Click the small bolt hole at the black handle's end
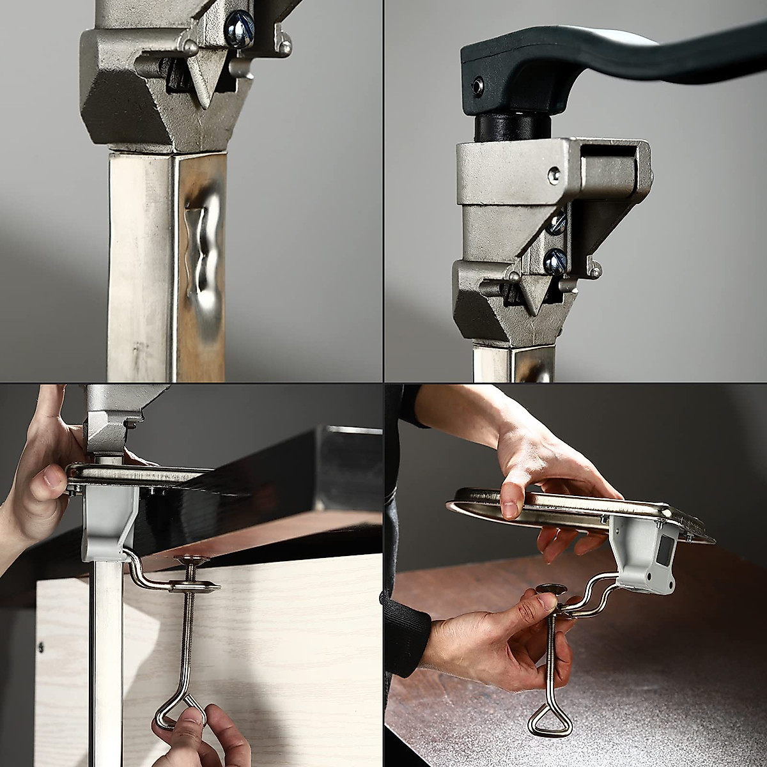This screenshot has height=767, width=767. coord(477,86)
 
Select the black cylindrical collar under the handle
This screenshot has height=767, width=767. coord(513,127)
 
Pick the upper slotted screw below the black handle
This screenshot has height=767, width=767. coord(557,223)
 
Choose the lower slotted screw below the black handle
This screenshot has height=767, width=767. coord(555,261)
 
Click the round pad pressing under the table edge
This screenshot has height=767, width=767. coord(191,561)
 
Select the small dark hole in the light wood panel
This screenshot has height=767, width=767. coord(41,647)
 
